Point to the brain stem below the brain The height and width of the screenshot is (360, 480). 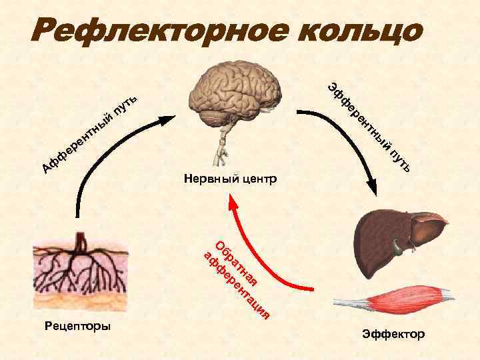pyautogui.click(x=221, y=150)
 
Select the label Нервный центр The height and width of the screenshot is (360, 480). pyautogui.click(x=230, y=179)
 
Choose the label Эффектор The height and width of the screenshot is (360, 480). pyautogui.click(x=393, y=333)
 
